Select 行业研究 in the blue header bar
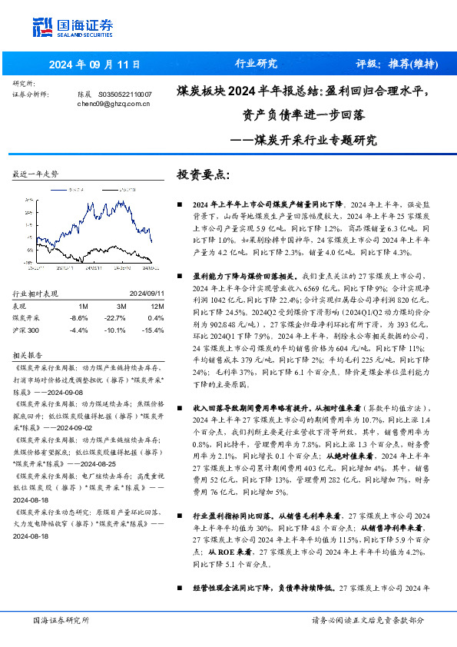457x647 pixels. [x=256, y=64]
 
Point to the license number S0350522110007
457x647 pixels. [x=124, y=93]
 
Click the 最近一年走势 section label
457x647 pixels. [x=35, y=175]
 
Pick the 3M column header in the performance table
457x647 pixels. [x=119, y=306]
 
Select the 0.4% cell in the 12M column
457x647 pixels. [x=156, y=318]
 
